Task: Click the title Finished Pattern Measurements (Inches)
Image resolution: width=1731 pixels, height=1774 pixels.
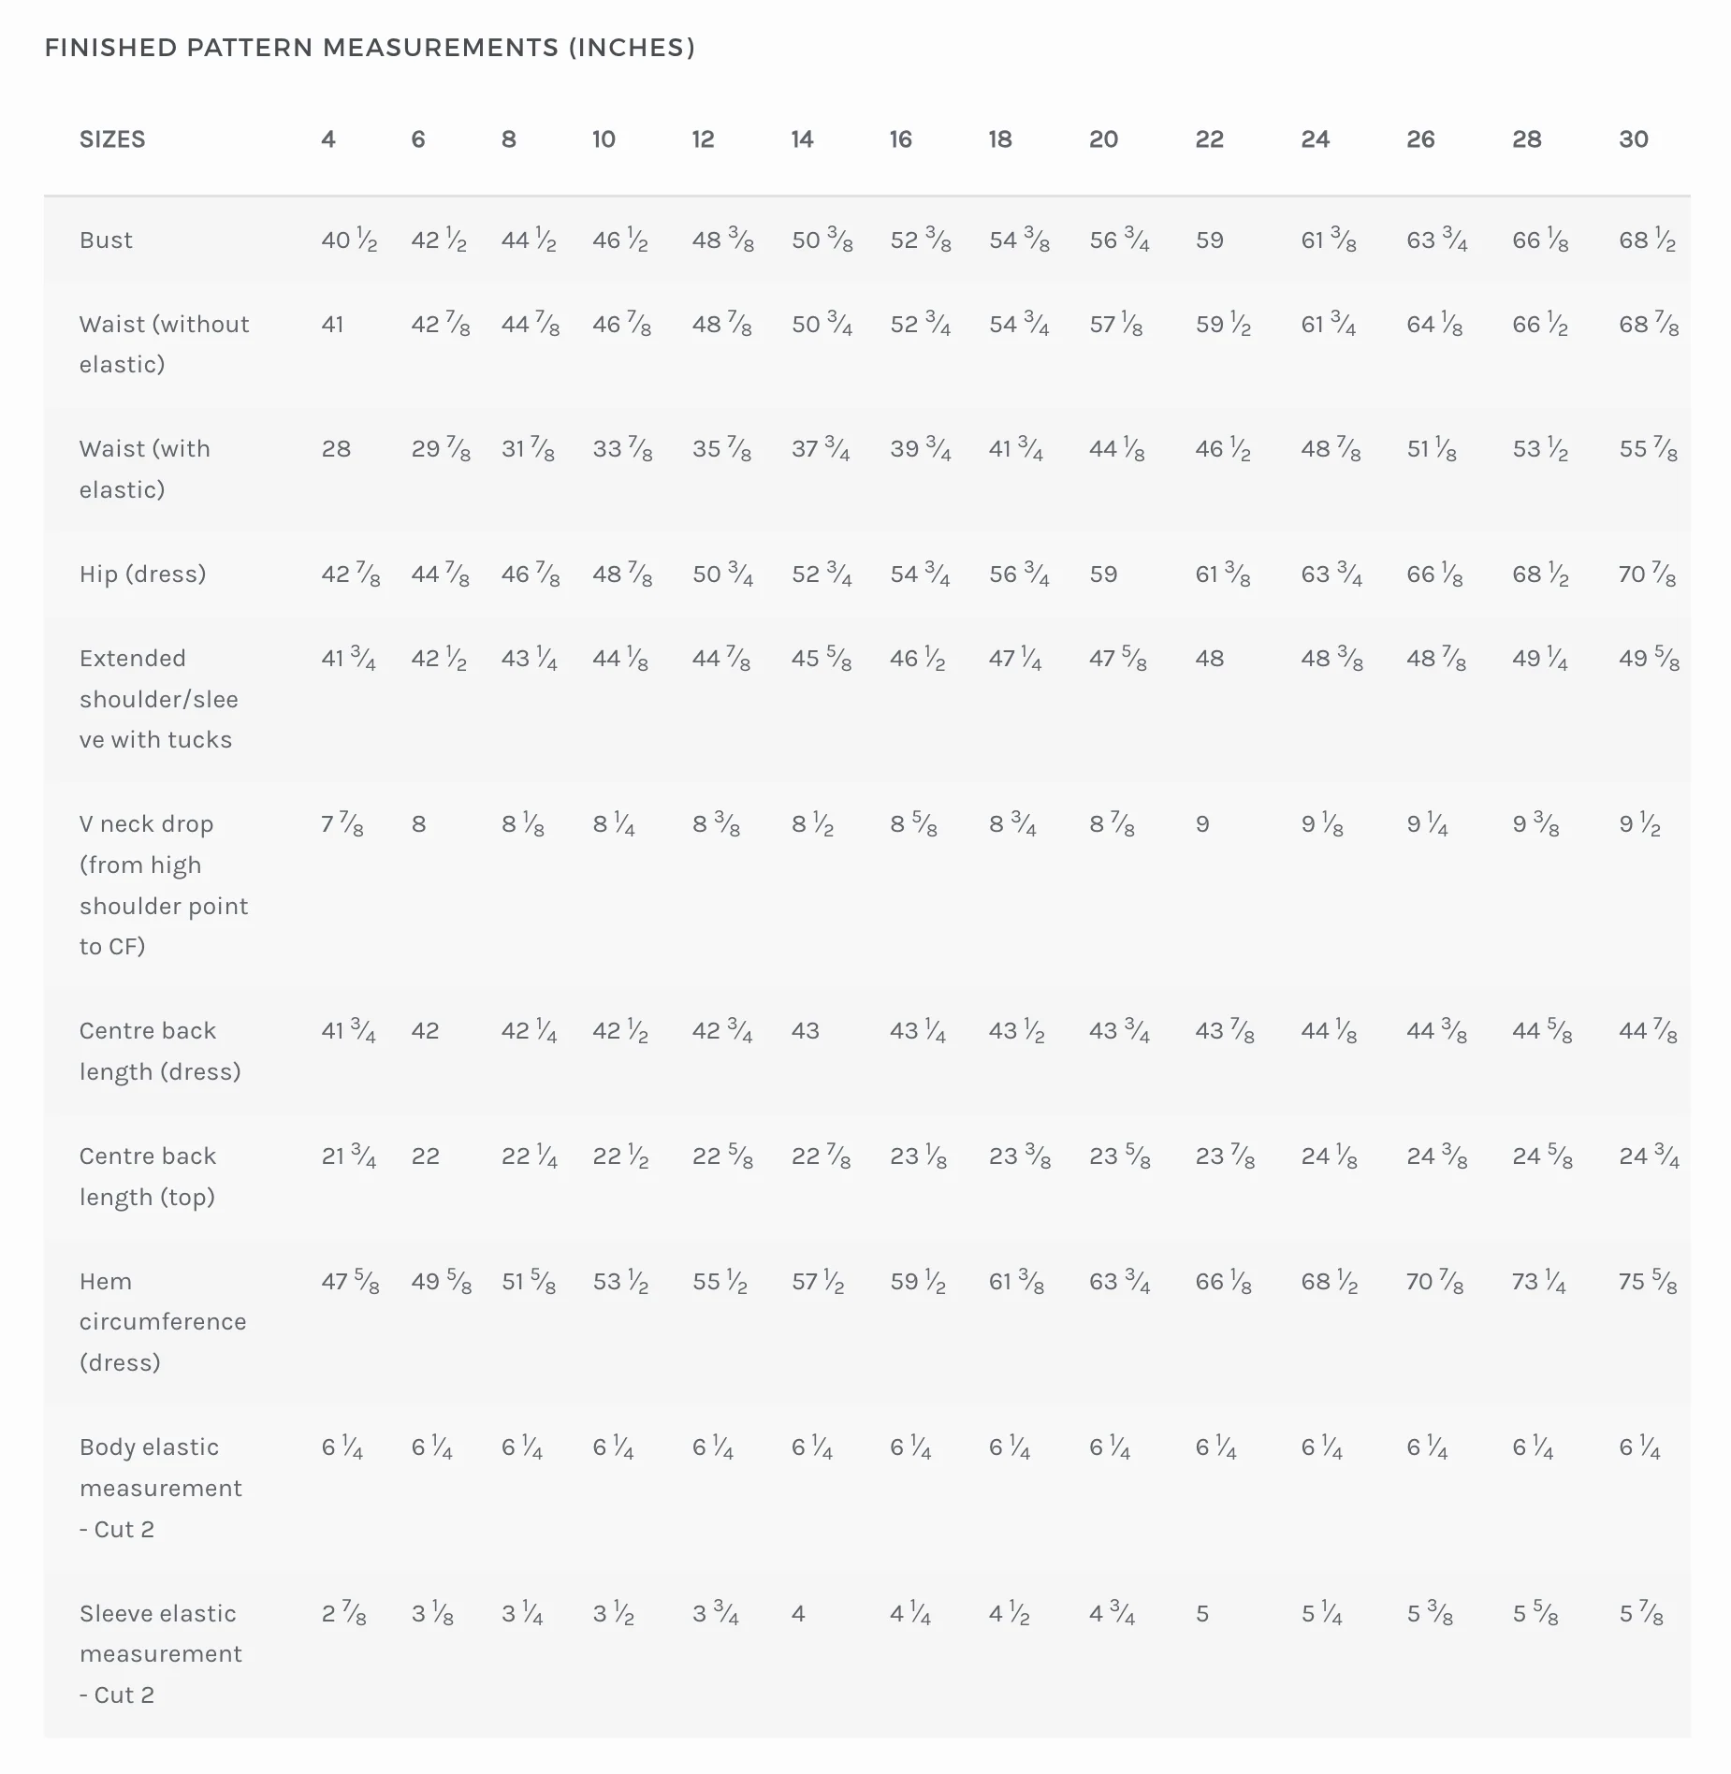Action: click(370, 48)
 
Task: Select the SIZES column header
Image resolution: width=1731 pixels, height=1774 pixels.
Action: click(112, 139)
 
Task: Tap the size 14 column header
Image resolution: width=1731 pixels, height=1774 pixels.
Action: click(802, 139)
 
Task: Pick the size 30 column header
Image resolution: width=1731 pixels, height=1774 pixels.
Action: click(1634, 139)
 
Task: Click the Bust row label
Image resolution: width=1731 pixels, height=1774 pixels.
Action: click(106, 240)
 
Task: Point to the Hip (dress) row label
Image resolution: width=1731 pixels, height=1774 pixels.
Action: click(142, 574)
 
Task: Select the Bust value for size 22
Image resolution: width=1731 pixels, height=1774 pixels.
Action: click(1210, 240)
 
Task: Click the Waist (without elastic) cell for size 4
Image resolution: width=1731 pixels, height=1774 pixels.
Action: click(332, 325)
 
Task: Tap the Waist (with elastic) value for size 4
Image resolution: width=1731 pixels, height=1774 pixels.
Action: click(336, 449)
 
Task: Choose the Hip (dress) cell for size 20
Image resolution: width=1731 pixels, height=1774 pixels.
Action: click(1103, 574)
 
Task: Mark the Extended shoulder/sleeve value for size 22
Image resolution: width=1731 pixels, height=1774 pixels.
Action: click(1210, 659)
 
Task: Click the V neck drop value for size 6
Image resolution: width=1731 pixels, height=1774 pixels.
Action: click(418, 824)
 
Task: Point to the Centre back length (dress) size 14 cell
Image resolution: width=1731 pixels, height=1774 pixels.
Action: click(805, 1031)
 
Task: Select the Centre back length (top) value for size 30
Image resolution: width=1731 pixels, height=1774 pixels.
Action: click(1650, 1156)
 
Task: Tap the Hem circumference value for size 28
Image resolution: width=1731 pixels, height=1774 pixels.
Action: click(1540, 1281)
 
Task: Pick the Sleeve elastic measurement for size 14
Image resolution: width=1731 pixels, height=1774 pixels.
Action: click(798, 1613)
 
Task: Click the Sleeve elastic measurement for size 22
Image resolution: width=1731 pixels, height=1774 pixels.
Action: click(1202, 1613)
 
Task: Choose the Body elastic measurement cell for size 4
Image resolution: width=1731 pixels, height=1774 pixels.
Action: click(342, 1447)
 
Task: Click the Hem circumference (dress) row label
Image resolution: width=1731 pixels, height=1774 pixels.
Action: click(163, 1321)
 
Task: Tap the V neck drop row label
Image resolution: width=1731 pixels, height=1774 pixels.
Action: click(164, 885)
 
